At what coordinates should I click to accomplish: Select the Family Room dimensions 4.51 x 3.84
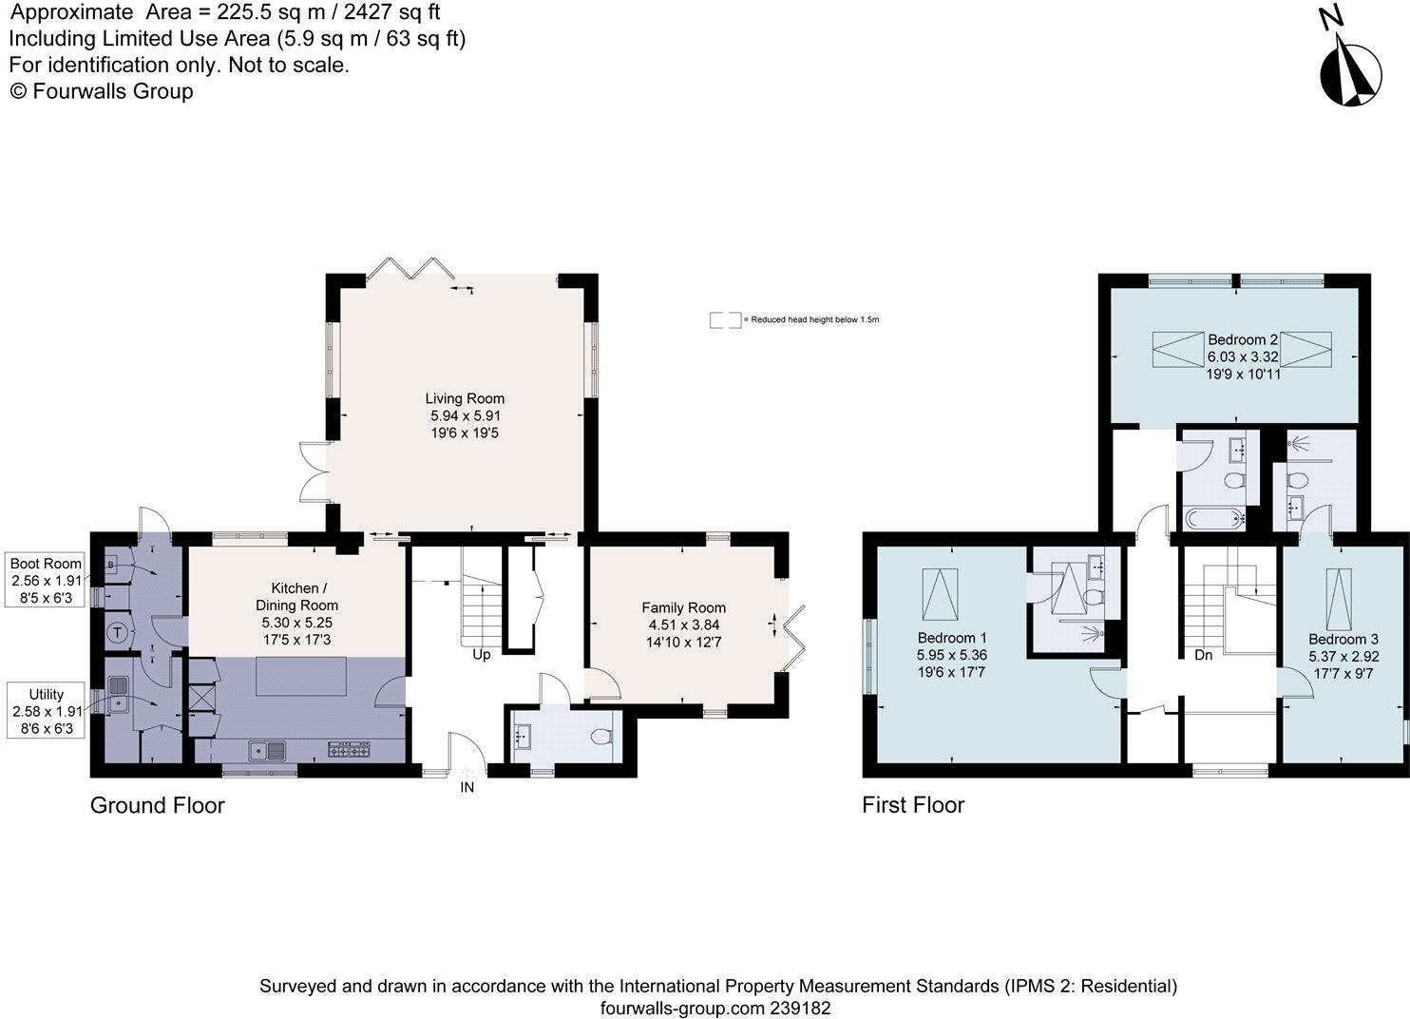pyautogui.click(x=683, y=625)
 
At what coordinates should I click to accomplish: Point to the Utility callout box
pyautogui.click(x=47, y=711)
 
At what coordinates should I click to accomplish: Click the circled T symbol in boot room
pyautogui.click(x=117, y=631)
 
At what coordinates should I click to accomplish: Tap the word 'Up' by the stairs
pyautogui.click(x=482, y=655)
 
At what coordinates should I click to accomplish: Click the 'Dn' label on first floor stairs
pyautogui.click(x=1204, y=655)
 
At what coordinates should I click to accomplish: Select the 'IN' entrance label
pyautogui.click(x=467, y=787)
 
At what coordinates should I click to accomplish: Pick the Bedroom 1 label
pyautogui.click(x=951, y=638)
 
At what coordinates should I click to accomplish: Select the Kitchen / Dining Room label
pyautogui.click(x=296, y=596)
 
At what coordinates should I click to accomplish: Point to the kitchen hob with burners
pyautogui.click(x=349, y=751)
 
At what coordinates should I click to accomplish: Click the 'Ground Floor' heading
pyautogui.click(x=157, y=805)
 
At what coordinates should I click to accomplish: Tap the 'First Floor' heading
pyautogui.click(x=913, y=805)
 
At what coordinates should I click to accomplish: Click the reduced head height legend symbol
pyautogui.click(x=725, y=320)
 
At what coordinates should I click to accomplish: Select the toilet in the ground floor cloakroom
pyautogui.click(x=600, y=738)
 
